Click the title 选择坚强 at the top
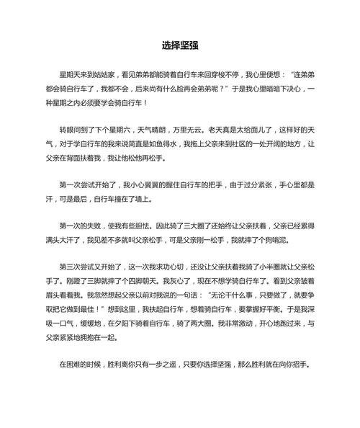coord(179,45)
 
